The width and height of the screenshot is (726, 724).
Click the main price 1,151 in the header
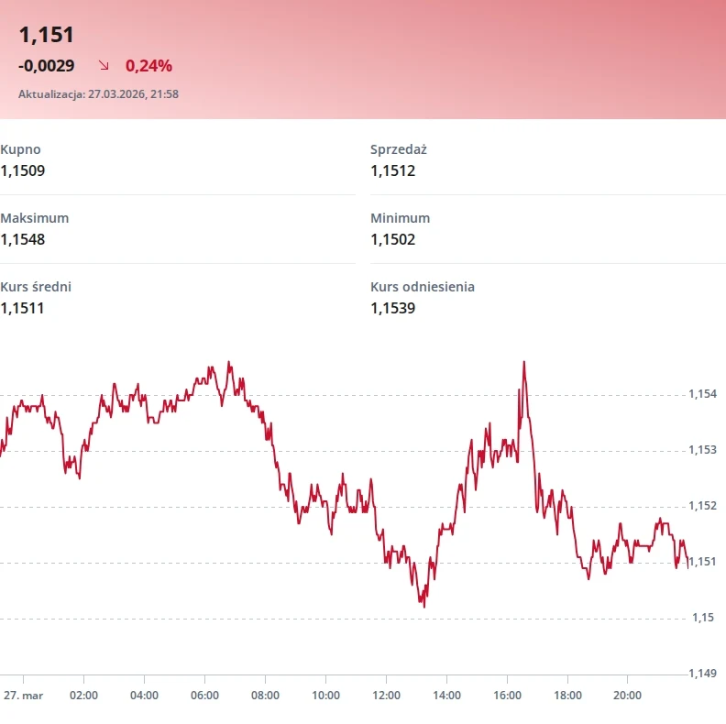coord(46,36)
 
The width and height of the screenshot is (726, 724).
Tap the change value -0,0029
coord(46,66)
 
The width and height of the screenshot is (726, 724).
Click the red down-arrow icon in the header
coord(104,66)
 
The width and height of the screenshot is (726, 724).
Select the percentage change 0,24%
coord(148,66)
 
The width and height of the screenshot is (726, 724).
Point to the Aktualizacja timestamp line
coord(98,93)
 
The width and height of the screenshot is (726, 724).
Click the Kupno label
coord(20,149)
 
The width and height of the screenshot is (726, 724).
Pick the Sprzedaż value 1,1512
coord(392,170)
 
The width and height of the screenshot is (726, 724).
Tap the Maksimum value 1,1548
coord(23,239)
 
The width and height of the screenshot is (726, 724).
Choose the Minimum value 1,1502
coord(392,239)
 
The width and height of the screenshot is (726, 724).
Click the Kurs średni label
coord(36,287)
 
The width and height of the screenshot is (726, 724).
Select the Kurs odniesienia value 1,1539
coord(392,308)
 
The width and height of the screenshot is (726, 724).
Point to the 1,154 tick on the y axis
coord(702,394)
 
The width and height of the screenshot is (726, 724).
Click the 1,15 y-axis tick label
coord(699,618)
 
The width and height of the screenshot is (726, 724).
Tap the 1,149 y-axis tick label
coord(702,674)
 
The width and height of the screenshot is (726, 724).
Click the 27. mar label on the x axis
coord(23,696)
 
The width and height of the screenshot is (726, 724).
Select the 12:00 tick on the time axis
coord(386,696)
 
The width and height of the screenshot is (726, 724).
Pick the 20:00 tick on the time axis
coord(627,696)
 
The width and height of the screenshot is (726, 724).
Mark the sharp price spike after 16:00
coord(523,363)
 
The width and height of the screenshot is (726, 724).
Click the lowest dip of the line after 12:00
coord(423,605)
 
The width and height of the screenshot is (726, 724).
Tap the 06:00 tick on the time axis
coord(204,696)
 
